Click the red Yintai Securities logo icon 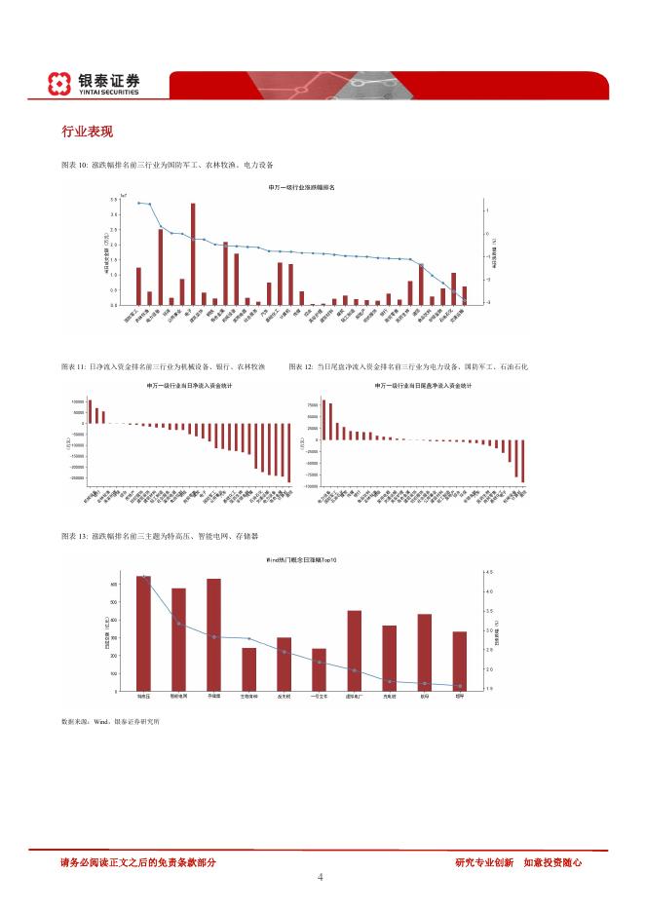(59, 84)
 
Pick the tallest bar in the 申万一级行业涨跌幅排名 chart (193, 253)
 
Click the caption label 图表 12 (302, 366)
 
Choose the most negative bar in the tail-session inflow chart (523, 461)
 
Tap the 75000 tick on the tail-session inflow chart (313, 404)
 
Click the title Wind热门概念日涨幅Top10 (301, 561)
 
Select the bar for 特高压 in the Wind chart (143, 633)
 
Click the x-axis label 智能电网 (179, 698)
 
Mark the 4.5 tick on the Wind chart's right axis (488, 572)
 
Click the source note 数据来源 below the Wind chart (75, 722)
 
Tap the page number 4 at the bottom (321, 877)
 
